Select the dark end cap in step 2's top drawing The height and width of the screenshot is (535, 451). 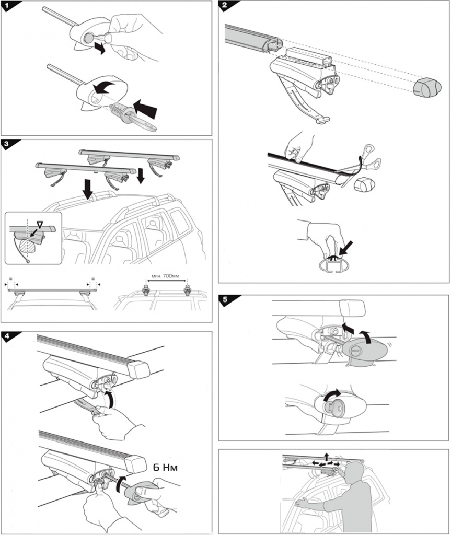[x=427, y=88]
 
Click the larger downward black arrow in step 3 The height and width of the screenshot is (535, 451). [x=88, y=189]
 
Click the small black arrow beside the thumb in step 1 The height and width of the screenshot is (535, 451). [x=99, y=48]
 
